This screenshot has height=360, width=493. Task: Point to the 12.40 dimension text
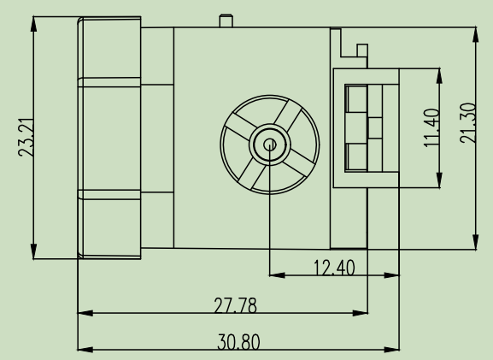pos(334,267)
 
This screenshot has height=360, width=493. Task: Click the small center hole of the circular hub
pos(270,145)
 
